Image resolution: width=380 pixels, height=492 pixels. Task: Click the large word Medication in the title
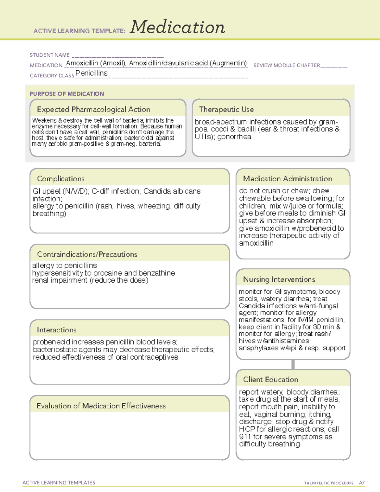click(x=177, y=27)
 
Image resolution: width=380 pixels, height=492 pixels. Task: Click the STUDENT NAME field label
click(x=50, y=55)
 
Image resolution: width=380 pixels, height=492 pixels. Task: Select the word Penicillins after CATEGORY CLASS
click(x=92, y=73)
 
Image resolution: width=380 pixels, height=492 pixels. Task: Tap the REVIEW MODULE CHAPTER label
click(x=287, y=66)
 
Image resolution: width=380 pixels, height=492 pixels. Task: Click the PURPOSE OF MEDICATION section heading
click(x=67, y=94)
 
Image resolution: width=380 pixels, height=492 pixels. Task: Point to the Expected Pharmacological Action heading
click(x=93, y=110)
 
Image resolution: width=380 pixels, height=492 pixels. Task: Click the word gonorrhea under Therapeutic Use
click(x=234, y=137)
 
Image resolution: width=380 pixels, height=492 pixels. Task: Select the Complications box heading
click(x=61, y=179)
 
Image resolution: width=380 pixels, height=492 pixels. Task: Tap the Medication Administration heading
click(x=288, y=179)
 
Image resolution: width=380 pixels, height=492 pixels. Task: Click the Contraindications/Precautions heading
click(x=87, y=254)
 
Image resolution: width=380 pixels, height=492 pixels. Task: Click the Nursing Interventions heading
click(x=279, y=279)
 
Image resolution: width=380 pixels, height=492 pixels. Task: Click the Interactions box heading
click(x=57, y=330)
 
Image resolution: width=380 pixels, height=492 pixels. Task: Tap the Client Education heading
click(x=270, y=380)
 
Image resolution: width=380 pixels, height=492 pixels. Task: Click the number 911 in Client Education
click(x=245, y=437)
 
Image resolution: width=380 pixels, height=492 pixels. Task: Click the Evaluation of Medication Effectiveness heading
click(x=101, y=406)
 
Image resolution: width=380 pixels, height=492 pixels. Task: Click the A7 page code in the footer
click(x=362, y=483)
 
